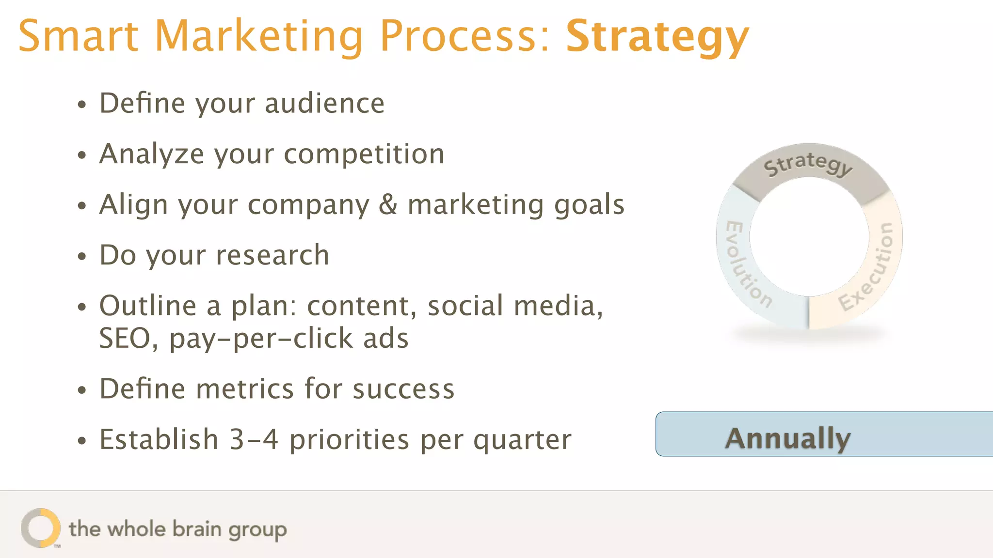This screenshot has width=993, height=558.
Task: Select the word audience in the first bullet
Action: [x=324, y=103]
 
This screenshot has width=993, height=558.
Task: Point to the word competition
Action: [x=364, y=154]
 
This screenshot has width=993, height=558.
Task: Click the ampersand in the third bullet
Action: [x=388, y=204]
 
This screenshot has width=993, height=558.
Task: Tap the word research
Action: [x=272, y=255]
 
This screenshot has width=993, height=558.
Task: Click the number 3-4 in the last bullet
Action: [x=254, y=439]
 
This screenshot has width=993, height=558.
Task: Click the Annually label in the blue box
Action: [x=788, y=438]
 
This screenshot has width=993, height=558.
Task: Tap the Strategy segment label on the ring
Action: [x=808, y=164]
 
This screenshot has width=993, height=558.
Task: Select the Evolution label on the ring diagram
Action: [x=747, y=264]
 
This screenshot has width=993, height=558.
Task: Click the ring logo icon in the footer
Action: [x=41, y=527]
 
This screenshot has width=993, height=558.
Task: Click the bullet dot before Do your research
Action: [x=82, y=256]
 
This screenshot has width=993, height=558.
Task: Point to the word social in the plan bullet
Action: [x=465, y=306]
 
